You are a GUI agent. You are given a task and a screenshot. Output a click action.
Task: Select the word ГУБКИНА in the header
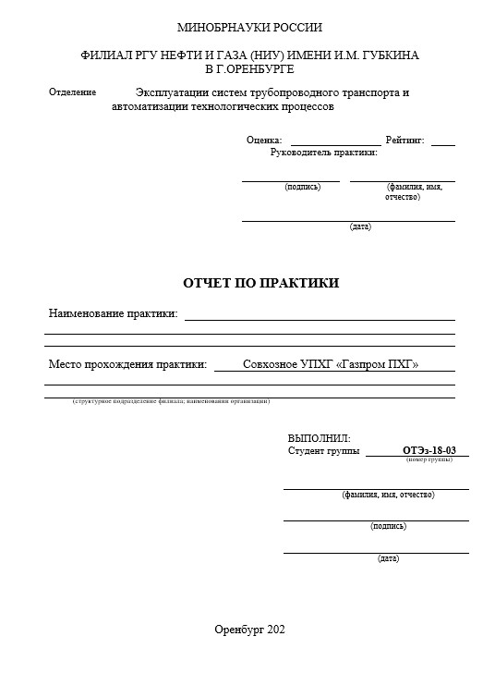point(389,55)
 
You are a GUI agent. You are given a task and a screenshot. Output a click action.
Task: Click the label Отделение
point(72,92)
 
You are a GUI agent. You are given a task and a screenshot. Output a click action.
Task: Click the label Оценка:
point(264,141)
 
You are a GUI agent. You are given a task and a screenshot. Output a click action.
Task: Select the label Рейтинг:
point(405,141)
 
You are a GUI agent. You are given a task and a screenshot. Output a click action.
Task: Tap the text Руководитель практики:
point(324,153)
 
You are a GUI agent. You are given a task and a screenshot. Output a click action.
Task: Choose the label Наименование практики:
point(113,313)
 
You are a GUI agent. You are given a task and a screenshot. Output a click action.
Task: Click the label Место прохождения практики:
point(127,364)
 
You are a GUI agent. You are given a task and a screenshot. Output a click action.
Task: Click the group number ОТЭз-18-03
point(429,450)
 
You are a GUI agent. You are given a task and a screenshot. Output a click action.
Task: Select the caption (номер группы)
point(429,459)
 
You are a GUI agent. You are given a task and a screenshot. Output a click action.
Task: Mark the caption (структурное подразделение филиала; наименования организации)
point(172,401)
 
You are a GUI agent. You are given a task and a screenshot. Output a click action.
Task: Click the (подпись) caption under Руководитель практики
point(303,187)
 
